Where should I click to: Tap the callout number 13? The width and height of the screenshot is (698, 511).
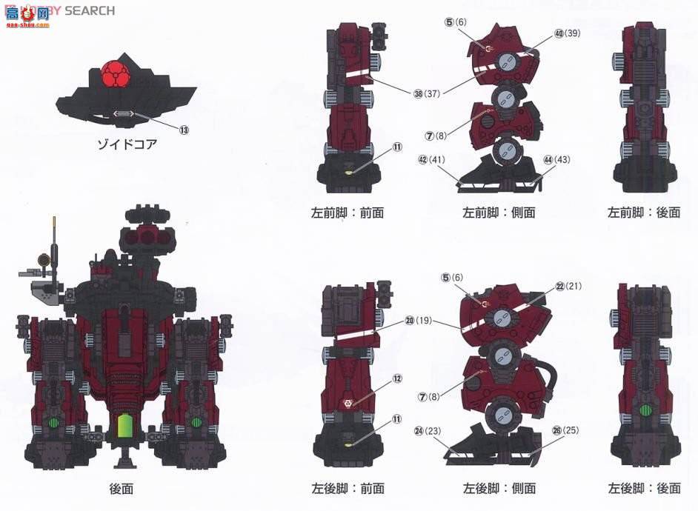click(x=184, y=130)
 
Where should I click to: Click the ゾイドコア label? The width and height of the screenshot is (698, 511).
click(x=128, y=144)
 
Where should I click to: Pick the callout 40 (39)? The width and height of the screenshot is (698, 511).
click(x=567, y=33)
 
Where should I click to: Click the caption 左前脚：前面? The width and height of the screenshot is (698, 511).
click(x=348, y=213)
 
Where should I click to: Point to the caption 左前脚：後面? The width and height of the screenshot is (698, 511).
click(x=644, y=213)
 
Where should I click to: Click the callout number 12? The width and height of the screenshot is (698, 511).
click(x=397, y=378)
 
